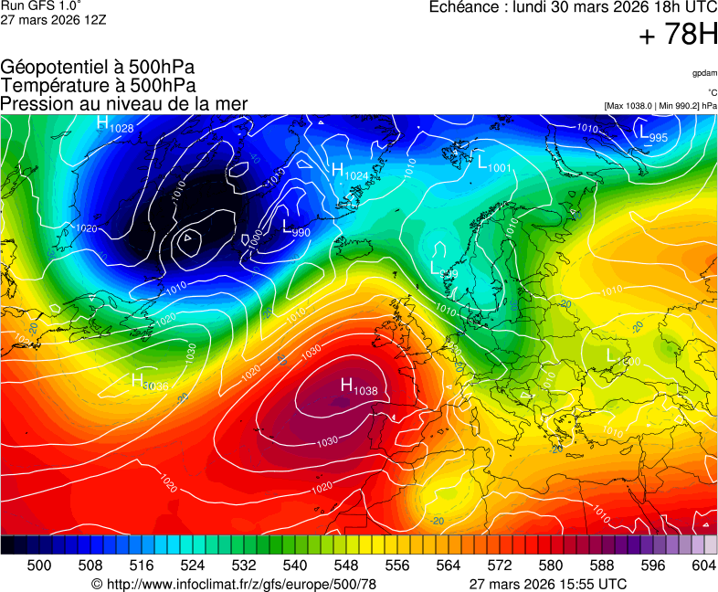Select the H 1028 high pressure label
[115, 125]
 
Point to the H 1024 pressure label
[350, 172]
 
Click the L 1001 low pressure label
[493, 164]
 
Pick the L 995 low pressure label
[653, 134]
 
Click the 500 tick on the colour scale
[38, 566]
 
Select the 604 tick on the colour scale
[702, 566]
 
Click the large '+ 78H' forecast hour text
[678, 37]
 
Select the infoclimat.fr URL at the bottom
[234, 584]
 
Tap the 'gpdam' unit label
[703, 73]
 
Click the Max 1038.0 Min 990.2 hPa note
[660, 106]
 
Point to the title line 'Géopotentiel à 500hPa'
[98, 68]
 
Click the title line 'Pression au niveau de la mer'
[124, 104]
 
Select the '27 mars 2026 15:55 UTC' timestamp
[547, 584]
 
